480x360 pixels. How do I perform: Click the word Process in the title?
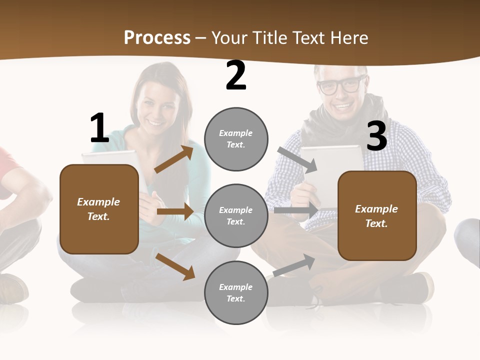157,38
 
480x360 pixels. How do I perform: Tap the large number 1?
99,128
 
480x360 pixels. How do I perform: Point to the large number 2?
236,76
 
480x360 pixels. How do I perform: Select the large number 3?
376,136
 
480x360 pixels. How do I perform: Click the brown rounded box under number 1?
99,209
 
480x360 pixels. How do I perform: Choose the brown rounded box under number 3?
377,216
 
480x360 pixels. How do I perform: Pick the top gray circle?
236,139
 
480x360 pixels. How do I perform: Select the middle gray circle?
236,215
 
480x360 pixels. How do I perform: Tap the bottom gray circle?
236,292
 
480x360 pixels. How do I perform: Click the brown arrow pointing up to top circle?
173,159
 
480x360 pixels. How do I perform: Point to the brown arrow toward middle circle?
175,211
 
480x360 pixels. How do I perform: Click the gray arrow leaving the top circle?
297,159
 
